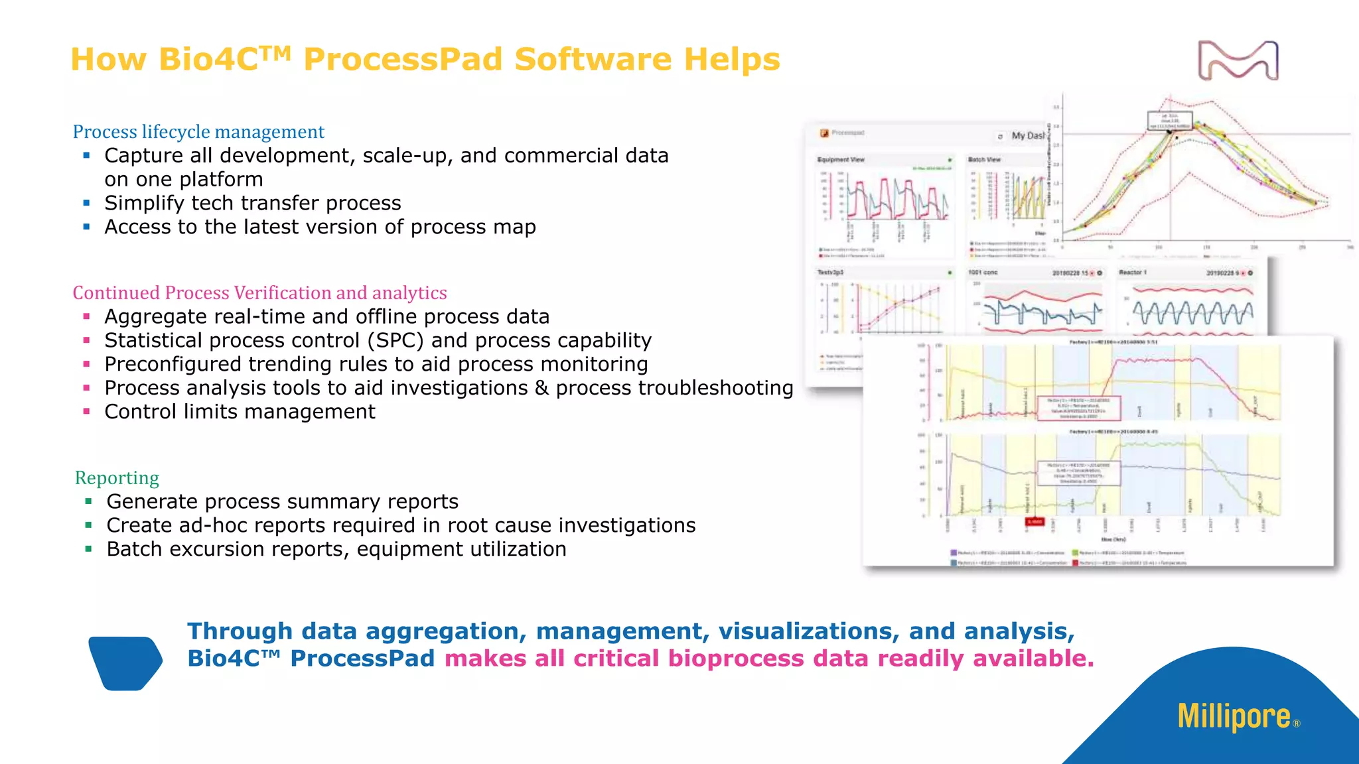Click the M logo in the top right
click(1238, 60)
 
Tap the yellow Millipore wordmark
click(1234, 717)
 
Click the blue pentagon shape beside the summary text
click(125, 663)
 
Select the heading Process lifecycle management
click(198, 132)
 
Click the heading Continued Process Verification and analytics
click(259, 292)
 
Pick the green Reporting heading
click(117, 477)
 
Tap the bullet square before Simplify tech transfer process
click(86, 203)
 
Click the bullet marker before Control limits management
click(86, 411)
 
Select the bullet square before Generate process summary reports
click(88, 501)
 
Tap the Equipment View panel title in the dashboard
click(841, 160)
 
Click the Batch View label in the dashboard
click(984, 160)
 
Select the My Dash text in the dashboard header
click(1027, 135)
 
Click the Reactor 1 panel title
click(1132, 273)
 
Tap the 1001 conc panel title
click(983, 273)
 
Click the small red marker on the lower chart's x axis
click(1035, 522)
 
